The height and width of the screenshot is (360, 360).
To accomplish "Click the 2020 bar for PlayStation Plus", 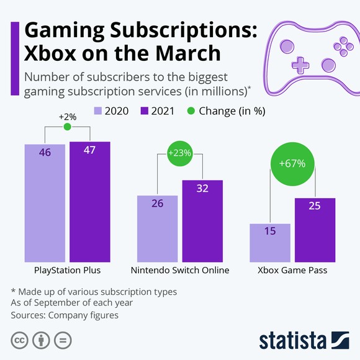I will (x=45, y=203).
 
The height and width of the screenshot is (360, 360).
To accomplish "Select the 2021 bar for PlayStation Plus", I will (x=89, y=202).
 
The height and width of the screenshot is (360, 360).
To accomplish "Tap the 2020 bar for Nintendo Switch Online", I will (x=157, y=228).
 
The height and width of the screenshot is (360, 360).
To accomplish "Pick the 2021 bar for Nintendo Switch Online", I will (x=202, y=221).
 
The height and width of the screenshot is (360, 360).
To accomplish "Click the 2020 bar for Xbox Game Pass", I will (x=269, y=243).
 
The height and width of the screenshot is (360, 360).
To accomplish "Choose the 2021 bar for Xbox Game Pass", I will (x=315, y=230).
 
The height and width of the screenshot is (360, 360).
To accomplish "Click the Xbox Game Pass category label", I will (x=292, y=270).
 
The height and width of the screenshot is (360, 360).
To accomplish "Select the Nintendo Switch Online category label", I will (x=180, y=270).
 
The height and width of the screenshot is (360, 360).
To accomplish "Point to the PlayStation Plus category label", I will (x=67, y=270).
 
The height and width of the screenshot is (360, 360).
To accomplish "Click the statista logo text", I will (x=293, y=340).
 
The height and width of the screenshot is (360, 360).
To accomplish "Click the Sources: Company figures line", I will (x=65, y=315).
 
